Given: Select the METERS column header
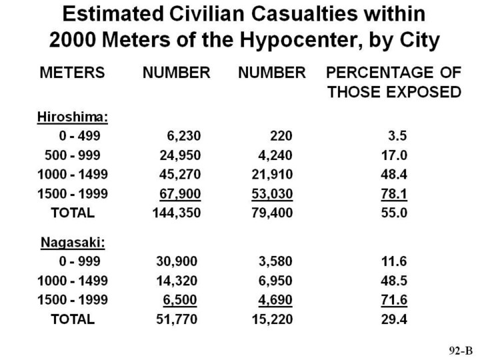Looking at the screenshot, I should (73, 73).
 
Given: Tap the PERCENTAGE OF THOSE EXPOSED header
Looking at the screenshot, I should (393, 82).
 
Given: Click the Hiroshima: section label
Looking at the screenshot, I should (72, 117).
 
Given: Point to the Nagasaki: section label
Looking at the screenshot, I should (73, 243).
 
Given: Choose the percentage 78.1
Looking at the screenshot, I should (398, 194).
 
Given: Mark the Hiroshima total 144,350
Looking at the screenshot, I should (177, 213).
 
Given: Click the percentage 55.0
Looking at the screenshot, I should (398, 213).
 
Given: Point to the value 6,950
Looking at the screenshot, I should (273, 280).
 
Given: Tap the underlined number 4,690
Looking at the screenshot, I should (273, 299).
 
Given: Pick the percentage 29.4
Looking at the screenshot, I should (398, 319).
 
